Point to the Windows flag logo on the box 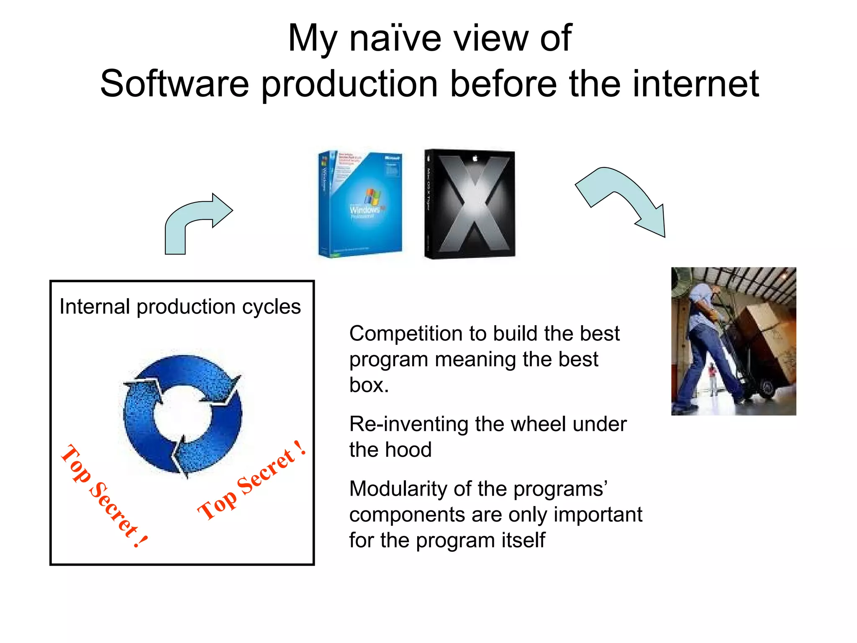click(x=372, y=197)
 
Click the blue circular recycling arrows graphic click(x=183, y=414)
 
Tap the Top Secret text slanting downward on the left click(x=104, y=496)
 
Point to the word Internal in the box click(x=95, y=307)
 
